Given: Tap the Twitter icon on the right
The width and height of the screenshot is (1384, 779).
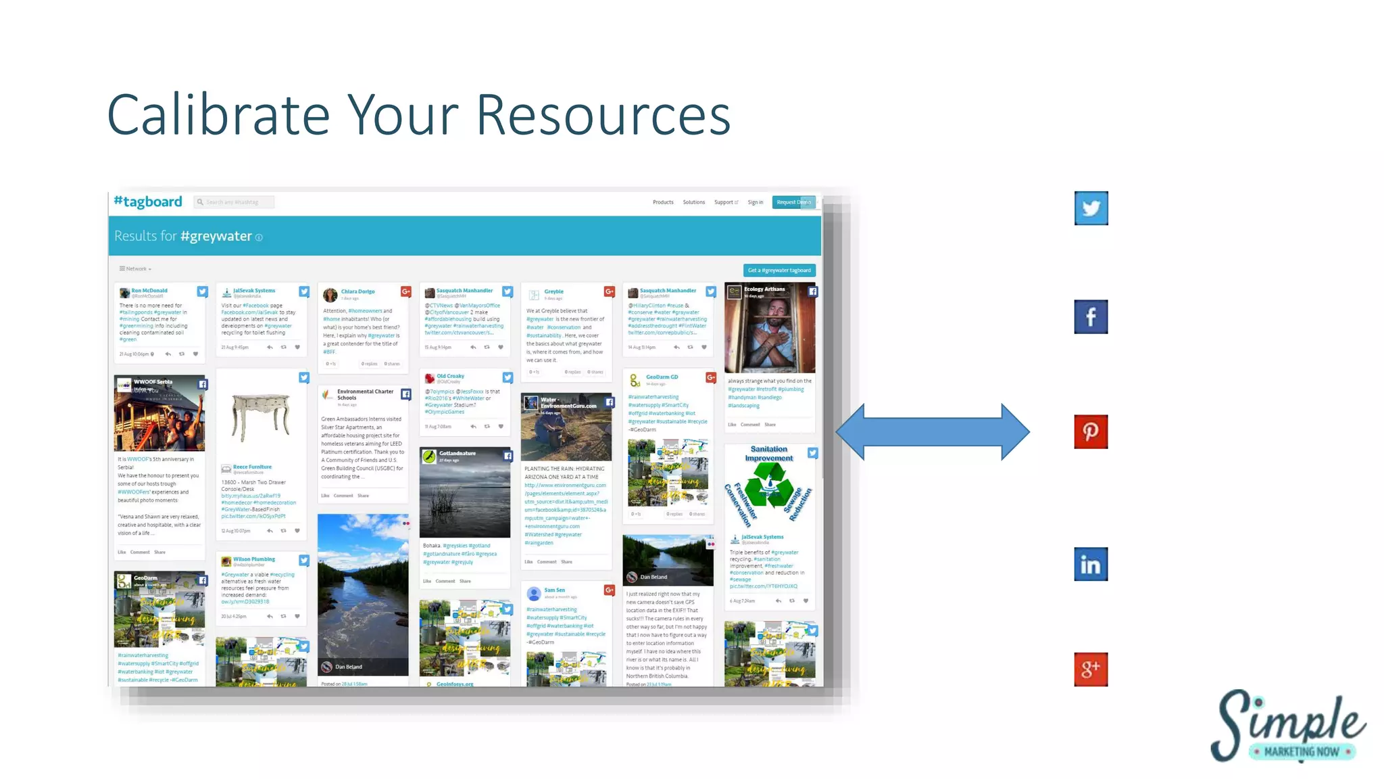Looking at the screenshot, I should click(1091, 208).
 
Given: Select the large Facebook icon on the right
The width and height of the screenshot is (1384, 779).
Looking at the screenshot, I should click(1091, 316).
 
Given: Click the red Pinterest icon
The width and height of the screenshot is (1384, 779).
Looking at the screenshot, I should click(1091, 431).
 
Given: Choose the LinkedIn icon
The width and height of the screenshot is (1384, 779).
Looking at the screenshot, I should click(1091, 564).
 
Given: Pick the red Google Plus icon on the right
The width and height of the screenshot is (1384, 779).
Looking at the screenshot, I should click(1091, 669).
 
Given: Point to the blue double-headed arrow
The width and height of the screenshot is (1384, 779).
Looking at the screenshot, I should click(933, 432).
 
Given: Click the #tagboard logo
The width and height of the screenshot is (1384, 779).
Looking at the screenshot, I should click(148, 202).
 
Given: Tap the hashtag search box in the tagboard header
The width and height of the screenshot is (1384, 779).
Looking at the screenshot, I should click(234, 202).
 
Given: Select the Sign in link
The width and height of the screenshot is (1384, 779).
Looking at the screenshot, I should click(755, 202).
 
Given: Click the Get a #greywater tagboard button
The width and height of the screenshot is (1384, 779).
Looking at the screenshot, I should click(778, 270).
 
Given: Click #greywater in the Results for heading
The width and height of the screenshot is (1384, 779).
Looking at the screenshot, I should click(216, 236).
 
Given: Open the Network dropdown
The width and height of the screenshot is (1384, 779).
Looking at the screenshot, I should click(135, 269).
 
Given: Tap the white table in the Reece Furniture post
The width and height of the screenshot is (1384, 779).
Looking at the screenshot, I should click(260, 414).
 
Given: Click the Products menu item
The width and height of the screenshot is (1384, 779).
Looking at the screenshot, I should click(662, 202).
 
